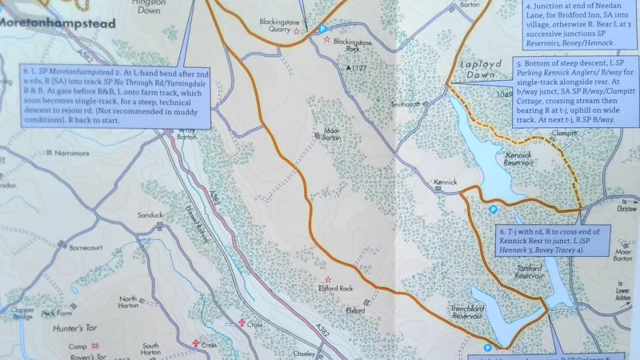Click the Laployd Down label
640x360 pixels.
[x=479, y=67]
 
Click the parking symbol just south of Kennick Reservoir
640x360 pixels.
[x=493, y=210]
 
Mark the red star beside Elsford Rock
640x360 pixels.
[x=327, y=279]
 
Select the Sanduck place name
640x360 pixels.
[x=150, y=215]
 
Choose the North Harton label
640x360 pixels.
[x=128, y=302]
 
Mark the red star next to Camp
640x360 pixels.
[x=94, y=346]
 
